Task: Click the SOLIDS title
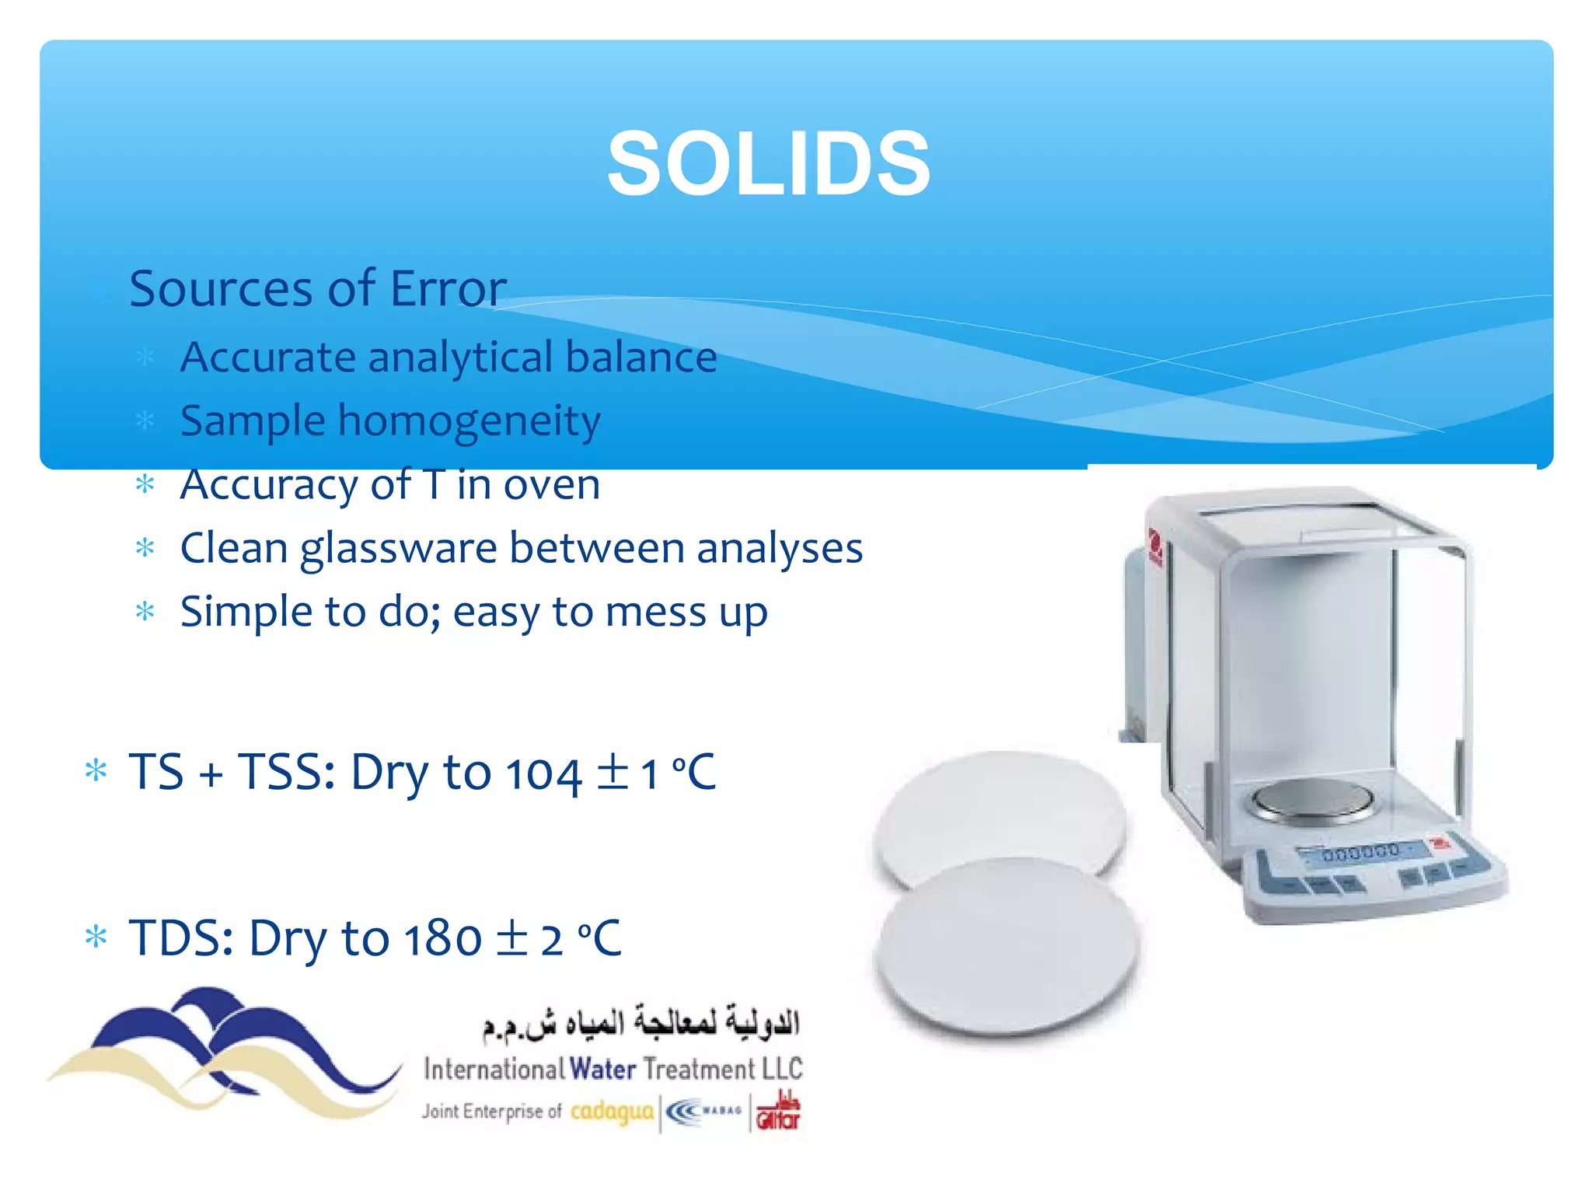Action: [768, 164]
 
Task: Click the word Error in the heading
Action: [448, 288]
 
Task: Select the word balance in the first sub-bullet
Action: [641, 357]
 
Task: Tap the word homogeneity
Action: [469, 422]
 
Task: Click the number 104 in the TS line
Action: [543, 774]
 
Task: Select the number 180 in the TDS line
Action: [442, 939]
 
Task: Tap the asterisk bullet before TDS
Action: [96, 937]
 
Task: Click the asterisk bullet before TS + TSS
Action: [96, 771]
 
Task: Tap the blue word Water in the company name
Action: [602, 1069]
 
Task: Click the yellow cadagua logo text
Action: [612, 1112]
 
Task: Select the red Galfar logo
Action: [778, 1112]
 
